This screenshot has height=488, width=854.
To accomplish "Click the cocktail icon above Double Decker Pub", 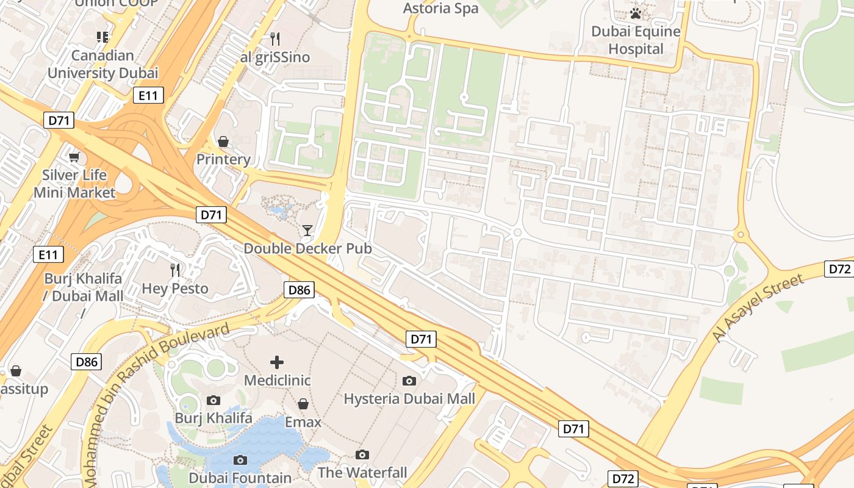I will click(307, 230).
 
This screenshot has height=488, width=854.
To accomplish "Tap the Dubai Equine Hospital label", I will click(636, 40).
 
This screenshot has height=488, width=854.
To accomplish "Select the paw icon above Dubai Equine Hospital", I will click(636, 13).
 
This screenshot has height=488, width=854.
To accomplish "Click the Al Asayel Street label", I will click(758, 308).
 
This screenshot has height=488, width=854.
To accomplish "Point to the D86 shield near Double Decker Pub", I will click(300, 290).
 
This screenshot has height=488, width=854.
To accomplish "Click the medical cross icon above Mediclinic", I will click(277, 362).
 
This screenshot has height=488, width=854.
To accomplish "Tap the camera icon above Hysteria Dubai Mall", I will click(409, 381).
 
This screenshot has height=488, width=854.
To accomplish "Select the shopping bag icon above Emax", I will click(303, 404).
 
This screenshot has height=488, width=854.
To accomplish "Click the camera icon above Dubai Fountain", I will click(240, 460).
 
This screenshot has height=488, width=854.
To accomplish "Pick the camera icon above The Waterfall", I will click(362, 454).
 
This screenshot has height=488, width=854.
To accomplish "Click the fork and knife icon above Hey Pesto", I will click(175, 270).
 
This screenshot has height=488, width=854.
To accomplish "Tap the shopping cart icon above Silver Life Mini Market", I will click(74, 157).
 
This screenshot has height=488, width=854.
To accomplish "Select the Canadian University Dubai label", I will click(102, 64).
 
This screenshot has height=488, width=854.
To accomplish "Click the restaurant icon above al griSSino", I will click(275, 39).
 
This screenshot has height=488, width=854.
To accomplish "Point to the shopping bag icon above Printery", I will click(224, 142).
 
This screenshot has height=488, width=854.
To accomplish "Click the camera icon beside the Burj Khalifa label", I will click(213, 400).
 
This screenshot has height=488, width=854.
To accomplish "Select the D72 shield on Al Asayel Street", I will click(839, 269).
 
